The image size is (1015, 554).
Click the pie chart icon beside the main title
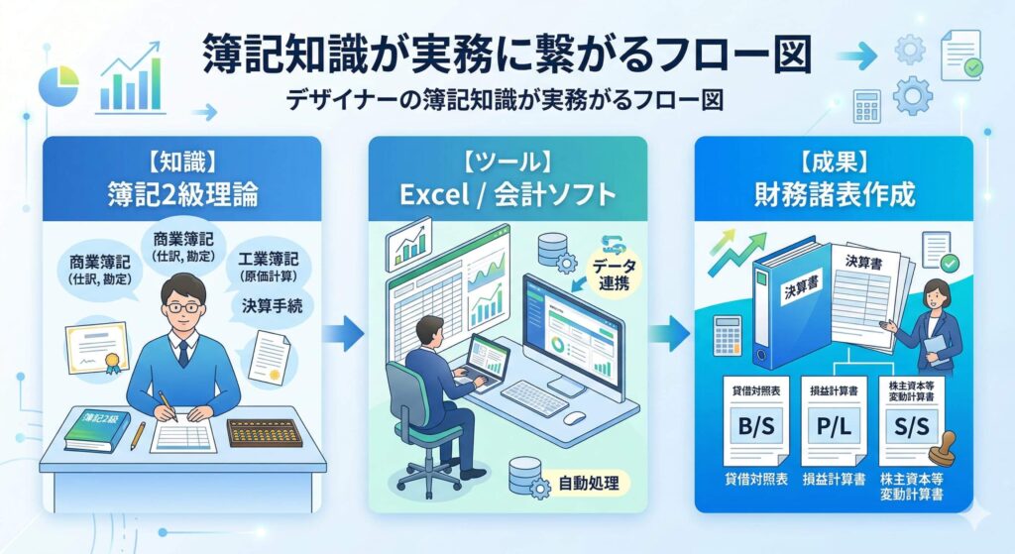[57, 84]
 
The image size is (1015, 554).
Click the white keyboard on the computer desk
[535, 397]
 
